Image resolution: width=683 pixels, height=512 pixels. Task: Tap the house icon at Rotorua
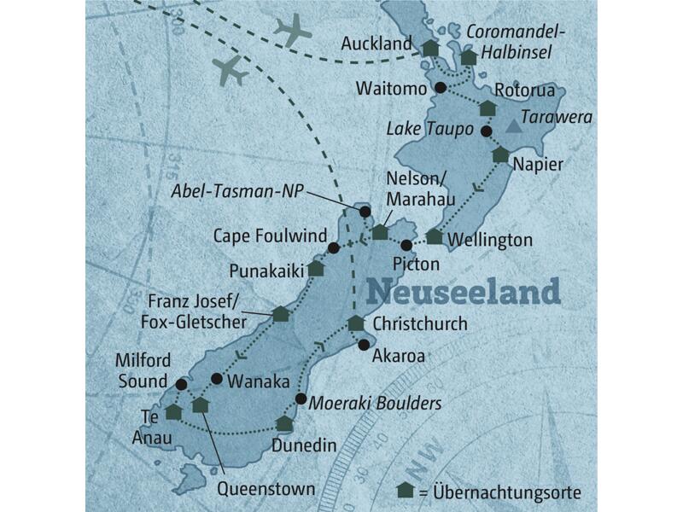(487, 108)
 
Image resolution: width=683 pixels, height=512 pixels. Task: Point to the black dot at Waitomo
(441, 88)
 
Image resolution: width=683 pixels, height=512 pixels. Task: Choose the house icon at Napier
(499, 154)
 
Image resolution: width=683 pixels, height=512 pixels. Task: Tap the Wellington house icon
(435, 236)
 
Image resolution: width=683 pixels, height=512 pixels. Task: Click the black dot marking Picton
(407, 246)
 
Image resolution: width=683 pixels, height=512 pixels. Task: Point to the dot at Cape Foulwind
(334, 248)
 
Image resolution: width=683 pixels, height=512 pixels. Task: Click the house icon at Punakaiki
(316, 268)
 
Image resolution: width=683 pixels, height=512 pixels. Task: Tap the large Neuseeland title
(464, 291)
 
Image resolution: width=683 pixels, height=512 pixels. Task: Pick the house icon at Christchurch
(355, 323)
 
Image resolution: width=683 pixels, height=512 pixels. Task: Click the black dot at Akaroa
(365, 345)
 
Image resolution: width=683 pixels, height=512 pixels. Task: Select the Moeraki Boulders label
(376, 402)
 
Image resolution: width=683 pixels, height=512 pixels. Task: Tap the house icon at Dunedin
(285, 423)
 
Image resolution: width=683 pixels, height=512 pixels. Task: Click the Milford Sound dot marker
(180, 384)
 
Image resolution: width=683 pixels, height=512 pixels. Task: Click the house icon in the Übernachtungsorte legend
(406, 492)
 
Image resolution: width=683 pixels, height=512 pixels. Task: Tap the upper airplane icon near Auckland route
(293, 31)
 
